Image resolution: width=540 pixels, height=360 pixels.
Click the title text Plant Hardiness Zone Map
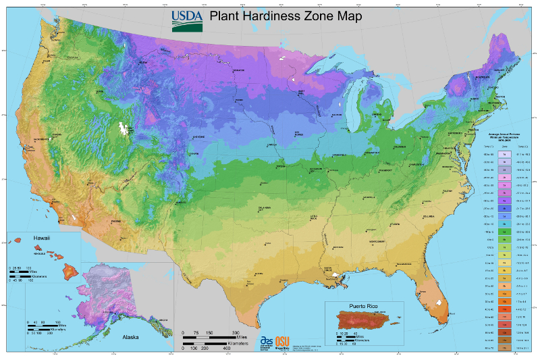tap(285, 16)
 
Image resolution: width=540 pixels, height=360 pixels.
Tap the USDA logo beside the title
tap(185, 20)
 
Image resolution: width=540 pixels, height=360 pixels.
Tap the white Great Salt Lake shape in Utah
tap(124, 128)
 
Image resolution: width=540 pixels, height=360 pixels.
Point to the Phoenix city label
tap(115, 221)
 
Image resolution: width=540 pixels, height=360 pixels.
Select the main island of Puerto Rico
tap(364, 319)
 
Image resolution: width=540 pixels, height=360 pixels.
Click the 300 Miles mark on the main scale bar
tap(236, 334)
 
